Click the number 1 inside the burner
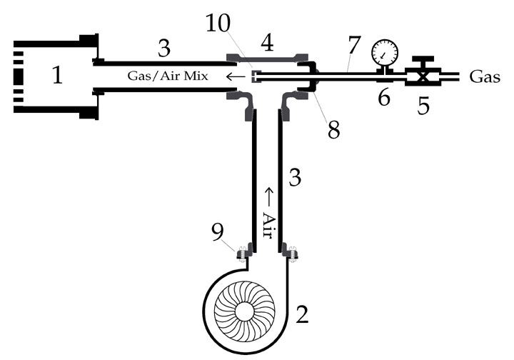coord(57,75)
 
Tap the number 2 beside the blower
coord(302,314)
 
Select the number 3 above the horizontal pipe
coord(164,48)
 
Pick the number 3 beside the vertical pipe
coord(294,178)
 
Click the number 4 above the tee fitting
coord(268,43)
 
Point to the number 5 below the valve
coord(423,106)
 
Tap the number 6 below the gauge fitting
coord(384,97)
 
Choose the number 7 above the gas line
coord(354,45)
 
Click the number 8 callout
coord(333,130)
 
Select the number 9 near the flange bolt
coord(217,231)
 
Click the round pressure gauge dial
coord(385,52)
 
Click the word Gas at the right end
coord(485,77)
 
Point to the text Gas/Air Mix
coord(168,76)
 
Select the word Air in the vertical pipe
coord(268,226)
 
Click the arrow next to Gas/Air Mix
coord(236,76)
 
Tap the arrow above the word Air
coord(269,196)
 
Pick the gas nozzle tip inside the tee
coord(255,76)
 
